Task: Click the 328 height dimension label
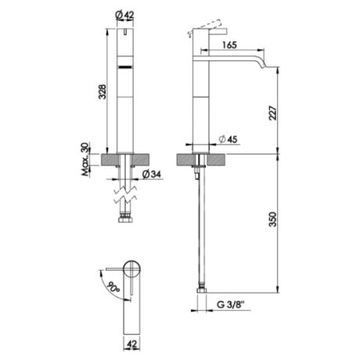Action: point(103,92)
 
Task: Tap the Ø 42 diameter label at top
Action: point(124,15)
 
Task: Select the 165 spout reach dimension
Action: point(229,45)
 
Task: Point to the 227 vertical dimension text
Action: point(272,113)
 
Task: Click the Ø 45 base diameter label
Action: point(228,139)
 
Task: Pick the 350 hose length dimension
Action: point(272,219)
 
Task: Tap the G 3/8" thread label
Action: point(230,304)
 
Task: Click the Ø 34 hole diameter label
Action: point(152,175)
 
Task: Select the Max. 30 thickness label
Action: point(85,159)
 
